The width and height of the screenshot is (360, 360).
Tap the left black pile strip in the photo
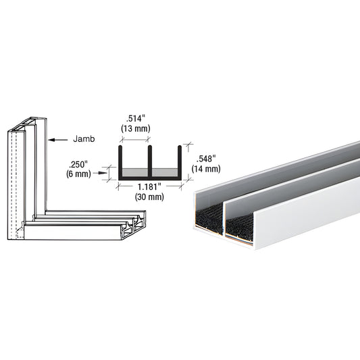coord(209,216)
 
